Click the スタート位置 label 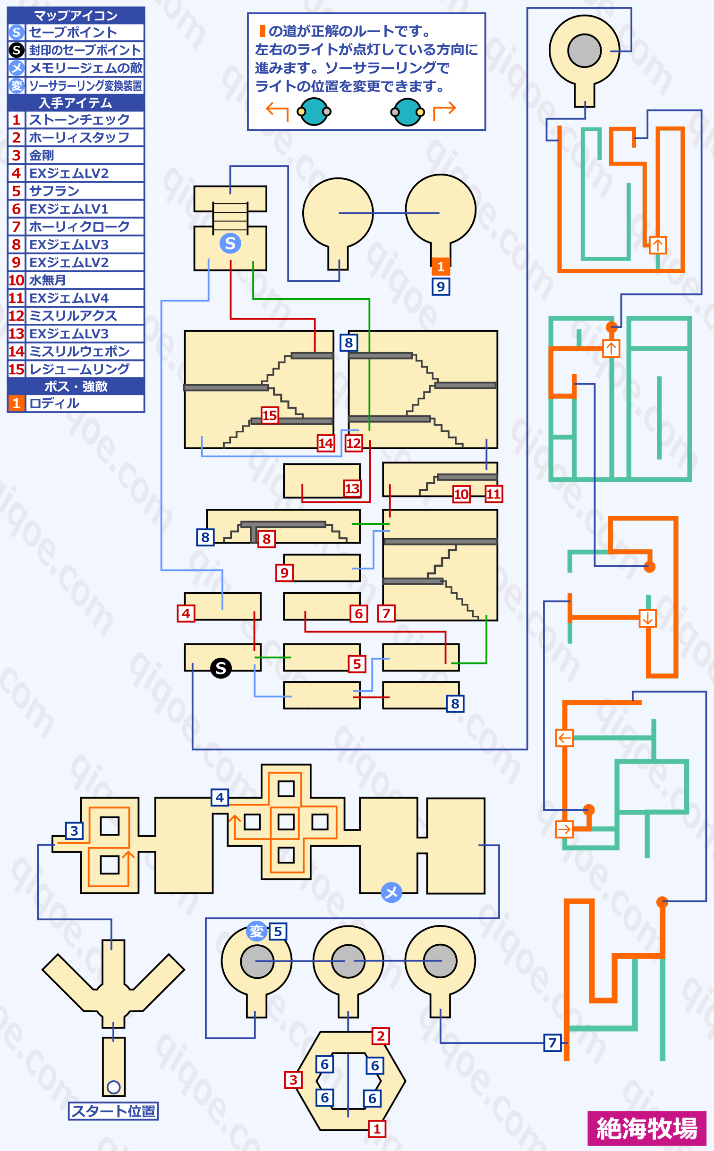[113, 1111]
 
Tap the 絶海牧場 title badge [647, 1128]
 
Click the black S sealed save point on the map [221, 668]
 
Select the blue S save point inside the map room [230, 244]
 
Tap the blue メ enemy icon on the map [391, 892]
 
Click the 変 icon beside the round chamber [257, 931]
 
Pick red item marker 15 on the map [270, 415]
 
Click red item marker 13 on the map [352, 488]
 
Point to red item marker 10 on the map [461, 494]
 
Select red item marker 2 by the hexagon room [381, 1036]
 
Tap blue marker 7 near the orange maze [552, 1042]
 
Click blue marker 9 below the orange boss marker [441, 286]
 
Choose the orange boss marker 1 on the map [441, 267]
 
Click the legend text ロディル [54, 403]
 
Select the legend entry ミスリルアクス [73, 316]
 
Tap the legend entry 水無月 [48, 280]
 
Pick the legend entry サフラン [54, 191]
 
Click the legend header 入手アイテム [76, 103]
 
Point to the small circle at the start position [114, 1087]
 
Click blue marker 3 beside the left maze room [74, 831]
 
